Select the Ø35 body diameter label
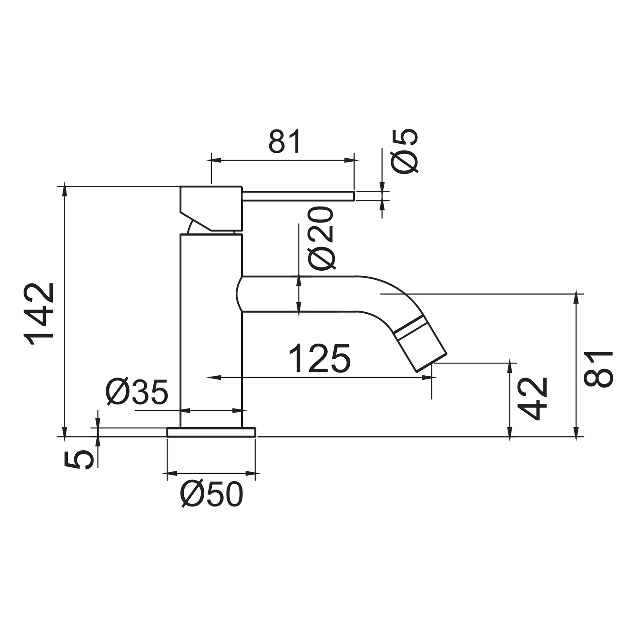click(137, 392)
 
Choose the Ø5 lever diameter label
click(404, 151)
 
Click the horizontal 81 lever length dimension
click(285, 141)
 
